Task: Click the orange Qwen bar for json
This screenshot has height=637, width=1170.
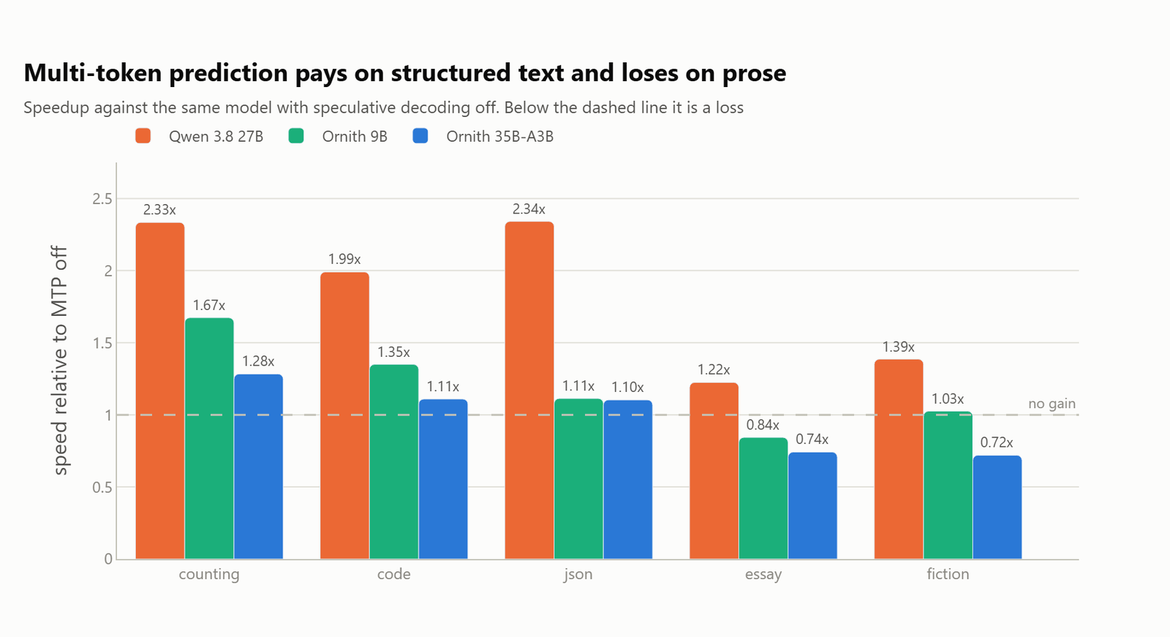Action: click(x=529, y=391)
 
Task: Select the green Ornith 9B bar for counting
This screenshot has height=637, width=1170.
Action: click(x=209, y=438)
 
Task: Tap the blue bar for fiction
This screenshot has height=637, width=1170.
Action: click(x=997, y=508)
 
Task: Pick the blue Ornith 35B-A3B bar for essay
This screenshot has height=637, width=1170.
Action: click(x=812, y=506)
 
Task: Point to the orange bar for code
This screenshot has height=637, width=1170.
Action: click(x=344, y=415)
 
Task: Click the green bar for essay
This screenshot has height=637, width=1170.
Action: click(x=763, y=499)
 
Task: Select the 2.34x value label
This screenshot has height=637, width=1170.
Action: click(x=529, y=209)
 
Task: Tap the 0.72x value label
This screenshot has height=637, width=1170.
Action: click(x=997, y=442)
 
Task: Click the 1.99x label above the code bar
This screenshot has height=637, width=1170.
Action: click(x=344, y=259)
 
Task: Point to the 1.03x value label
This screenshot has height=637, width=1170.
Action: click(x=948, y=399)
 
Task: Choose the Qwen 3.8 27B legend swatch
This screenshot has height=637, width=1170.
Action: click(x=143, y=136)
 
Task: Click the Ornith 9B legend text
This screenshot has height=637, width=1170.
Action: click(x=355, y=136)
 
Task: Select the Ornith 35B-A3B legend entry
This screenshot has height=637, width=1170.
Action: click(x=483, y=136)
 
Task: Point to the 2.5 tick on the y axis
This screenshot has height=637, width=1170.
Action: click(x=102, y=199)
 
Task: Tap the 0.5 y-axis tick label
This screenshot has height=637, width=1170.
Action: click(x=102, y=487)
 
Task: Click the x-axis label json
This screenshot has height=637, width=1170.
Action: click(x=578, y=575)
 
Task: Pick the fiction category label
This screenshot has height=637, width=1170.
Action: click(x=948, y=574)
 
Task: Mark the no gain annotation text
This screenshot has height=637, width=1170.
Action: click(x=1052, y=404)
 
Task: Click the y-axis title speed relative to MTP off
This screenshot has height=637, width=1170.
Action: click(x=60, y=361)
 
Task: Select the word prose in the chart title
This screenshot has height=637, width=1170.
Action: click(x=754, y=73)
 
